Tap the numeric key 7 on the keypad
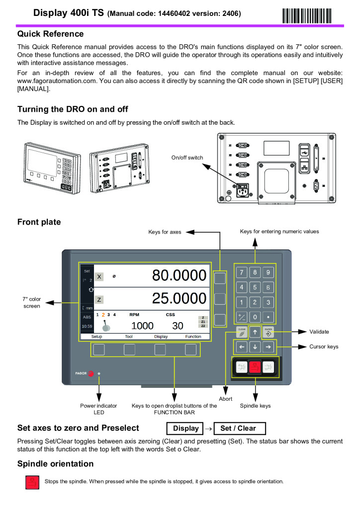tap(241, 272)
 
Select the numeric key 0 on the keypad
tap(255, 317)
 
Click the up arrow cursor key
tap(255, 332)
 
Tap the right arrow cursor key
tap(268, 347)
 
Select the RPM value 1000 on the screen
tap(142, 326)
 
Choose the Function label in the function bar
tap(193, 337)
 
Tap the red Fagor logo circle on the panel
tap(91, 374)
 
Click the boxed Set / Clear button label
tap(238, 428)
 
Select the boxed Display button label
tap(185, 428)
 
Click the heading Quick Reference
tap(50, 34)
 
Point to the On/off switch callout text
tap(187, 158)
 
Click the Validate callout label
tap(320, 332)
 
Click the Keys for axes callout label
tap(165, 232)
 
